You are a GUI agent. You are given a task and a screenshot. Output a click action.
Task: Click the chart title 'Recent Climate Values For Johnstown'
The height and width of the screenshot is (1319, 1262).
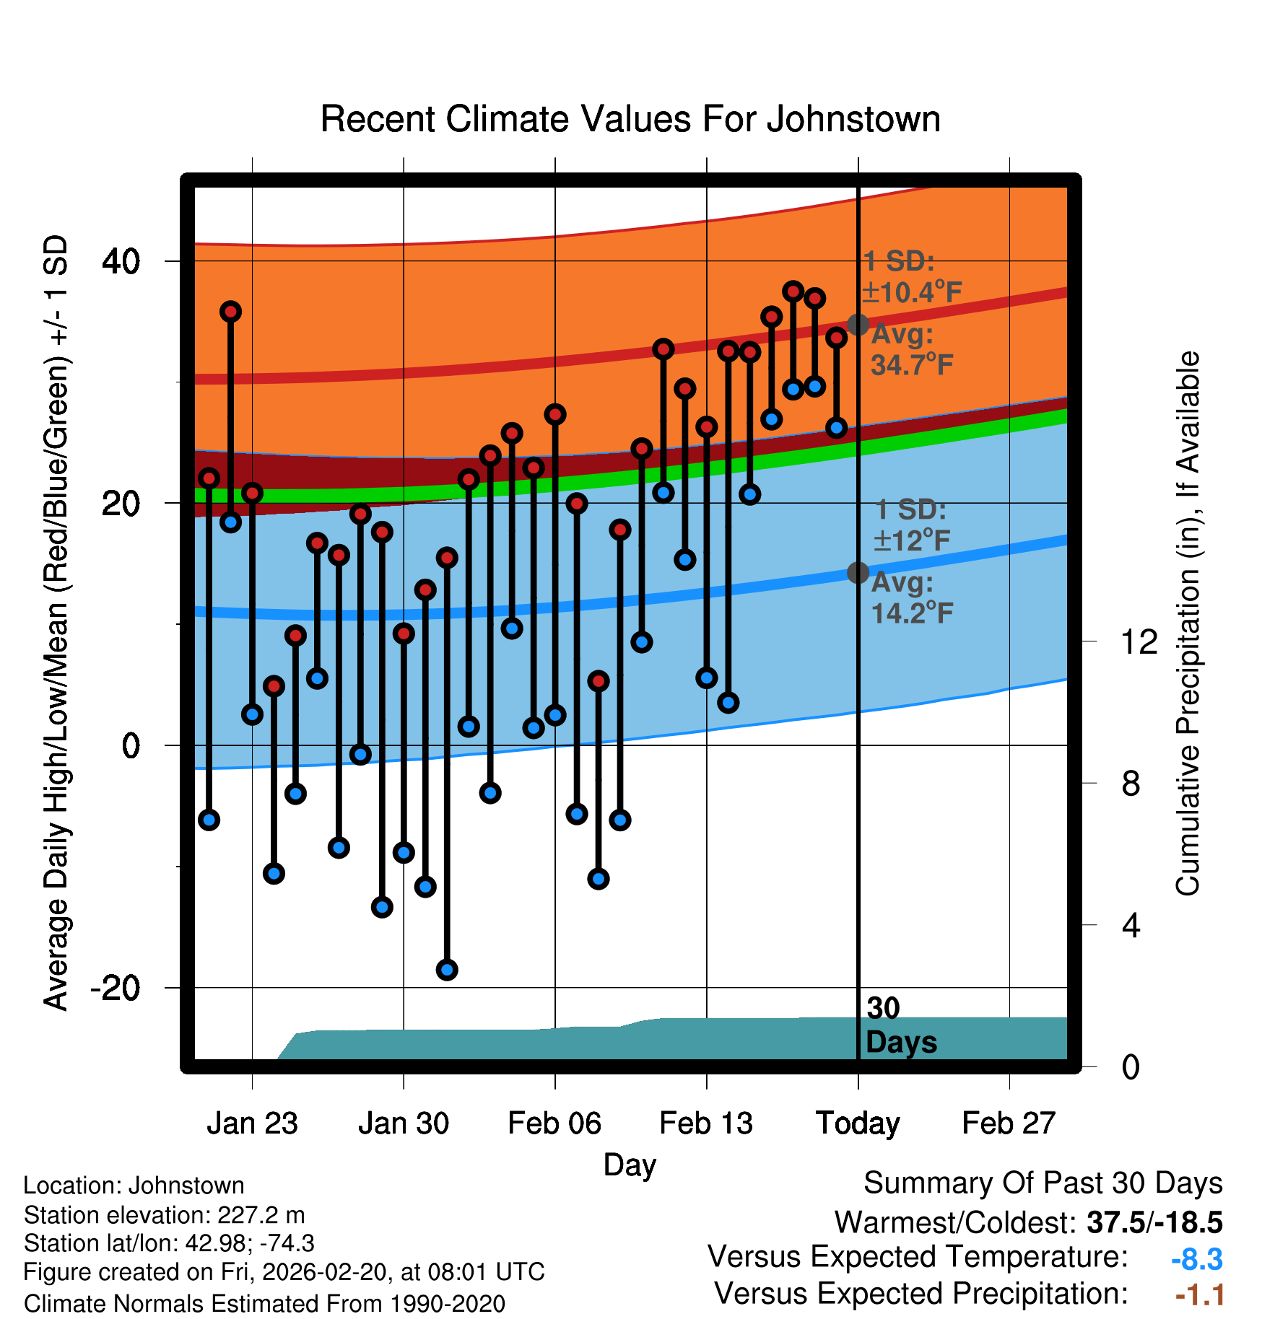(630, 119)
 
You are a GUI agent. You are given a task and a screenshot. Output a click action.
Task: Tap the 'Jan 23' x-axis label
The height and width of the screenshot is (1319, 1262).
(252, 1123)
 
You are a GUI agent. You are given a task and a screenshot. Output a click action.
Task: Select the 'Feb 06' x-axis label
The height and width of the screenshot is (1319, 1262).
(554, 1123)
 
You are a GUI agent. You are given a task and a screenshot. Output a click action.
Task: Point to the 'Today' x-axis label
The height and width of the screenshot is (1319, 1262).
(858, 1123)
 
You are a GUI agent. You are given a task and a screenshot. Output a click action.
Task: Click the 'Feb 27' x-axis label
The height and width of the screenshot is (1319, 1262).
(1009, 1123)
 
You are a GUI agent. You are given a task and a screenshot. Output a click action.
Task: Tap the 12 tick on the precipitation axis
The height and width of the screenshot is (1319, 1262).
(1139, 641)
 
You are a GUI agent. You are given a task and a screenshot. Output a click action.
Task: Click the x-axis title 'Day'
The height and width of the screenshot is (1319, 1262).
(630, 1165)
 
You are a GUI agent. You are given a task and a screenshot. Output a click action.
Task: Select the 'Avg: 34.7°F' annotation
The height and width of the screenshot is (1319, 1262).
(912, 350)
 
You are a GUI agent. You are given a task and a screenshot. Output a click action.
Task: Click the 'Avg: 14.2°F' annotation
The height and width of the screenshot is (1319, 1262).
(912, 598)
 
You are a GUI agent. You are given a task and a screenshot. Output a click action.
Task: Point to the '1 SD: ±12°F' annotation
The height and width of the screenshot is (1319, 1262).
(912, 525)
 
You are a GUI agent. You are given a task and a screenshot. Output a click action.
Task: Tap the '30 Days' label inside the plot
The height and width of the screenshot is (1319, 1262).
(900, 1025)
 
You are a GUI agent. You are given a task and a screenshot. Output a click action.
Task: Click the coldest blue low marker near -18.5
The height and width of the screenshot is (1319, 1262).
(447, 970)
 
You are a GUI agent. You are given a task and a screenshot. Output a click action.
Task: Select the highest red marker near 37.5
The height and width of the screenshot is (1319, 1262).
(793, 292)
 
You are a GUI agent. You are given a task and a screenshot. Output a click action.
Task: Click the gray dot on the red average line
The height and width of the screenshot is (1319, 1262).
(858, 325)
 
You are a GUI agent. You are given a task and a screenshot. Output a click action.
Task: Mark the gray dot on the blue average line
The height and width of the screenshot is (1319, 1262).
(858, 573)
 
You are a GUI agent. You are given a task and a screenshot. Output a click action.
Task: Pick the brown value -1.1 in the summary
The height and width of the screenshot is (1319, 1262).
(1199, 1295)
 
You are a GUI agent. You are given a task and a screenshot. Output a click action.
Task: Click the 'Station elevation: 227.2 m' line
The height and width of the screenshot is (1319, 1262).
(165, 1215)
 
